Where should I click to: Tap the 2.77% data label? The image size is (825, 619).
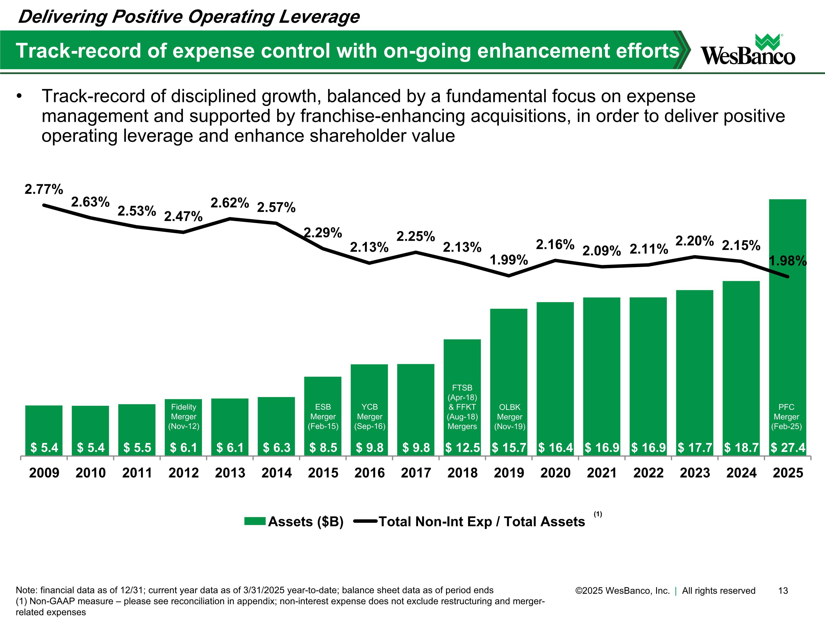pyautogui.click(x=44, y=190)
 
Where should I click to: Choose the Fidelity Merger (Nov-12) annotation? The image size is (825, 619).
pyautogui.click(x=183, y=417)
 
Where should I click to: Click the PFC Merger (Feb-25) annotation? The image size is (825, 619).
pyautogui.click(x=786, y=417)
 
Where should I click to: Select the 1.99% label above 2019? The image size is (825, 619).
pyautogui.click(x=509, y=260)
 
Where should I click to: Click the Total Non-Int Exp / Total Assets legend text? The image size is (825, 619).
pyautogui.click(x=482, y=522)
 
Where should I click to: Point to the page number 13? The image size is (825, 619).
pyautogui.click(x=783, y=591)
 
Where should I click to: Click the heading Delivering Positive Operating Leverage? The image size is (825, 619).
pyautogui.click(x=189, y=17)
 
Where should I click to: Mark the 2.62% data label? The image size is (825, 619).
pyautogui.click(x=230, y=203)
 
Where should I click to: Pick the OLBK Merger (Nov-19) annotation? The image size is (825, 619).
pyautogui.click(x=510, y=417)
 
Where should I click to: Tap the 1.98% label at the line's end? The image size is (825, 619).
pyautogui.click(x=788, y=261)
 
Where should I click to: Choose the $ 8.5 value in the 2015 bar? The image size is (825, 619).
pyautogui.click(x=323, y=447)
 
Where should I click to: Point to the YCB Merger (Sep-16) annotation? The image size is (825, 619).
pyautogui.click(x=370, y=417)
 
